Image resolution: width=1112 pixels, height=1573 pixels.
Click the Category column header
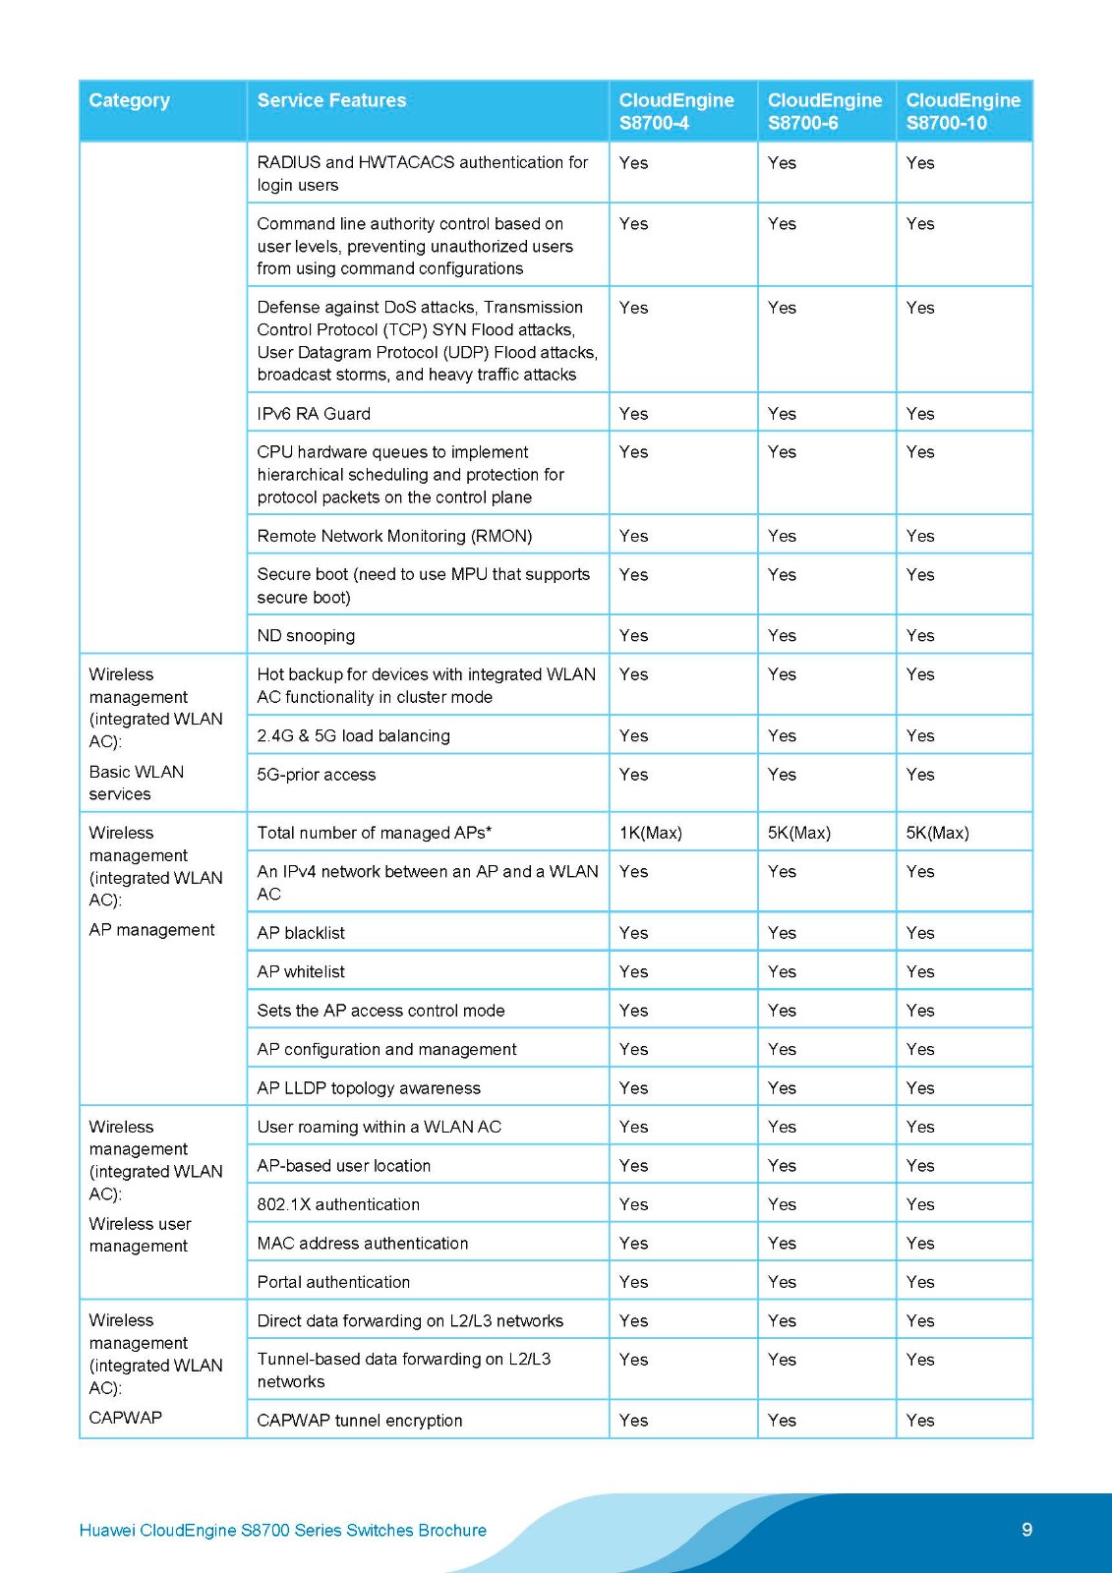click(x=129, y=100)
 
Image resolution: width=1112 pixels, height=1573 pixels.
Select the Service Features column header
click(x=331, y=100)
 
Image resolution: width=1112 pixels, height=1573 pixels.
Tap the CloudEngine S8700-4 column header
click(x=676, y=111)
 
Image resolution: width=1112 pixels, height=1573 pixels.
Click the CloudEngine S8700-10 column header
click(x=963, y=111)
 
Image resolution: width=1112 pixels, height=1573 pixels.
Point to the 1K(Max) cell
click(x=650, y=833)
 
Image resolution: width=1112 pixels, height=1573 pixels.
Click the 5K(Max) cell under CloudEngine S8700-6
click(x=798, y=833)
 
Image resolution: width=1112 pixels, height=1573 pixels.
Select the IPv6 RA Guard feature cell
click(x=314, y=414)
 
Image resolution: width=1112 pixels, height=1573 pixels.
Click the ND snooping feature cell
click(x=306, y=635)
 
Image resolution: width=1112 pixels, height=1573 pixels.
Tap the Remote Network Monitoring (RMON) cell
click(x=394, y=536)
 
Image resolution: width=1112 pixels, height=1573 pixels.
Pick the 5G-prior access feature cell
click(x=316, y=775)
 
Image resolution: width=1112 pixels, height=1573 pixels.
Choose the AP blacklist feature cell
click(x=301, y=933)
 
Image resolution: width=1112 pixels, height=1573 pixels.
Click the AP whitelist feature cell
click(x=301, y=971)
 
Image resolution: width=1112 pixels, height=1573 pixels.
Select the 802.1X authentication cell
click(x=338, y=1204)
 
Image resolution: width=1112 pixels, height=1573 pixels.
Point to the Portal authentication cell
click(x=333, y=1282)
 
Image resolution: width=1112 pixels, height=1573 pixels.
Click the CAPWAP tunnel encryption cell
click(x=359, y=1421)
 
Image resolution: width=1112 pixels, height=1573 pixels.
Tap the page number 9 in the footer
click(x=1026, y=1530)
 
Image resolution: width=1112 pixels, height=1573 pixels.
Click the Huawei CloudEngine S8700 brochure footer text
click(x=282, y=1531)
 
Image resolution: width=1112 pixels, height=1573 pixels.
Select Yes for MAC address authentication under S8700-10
click(x=920, y=1244)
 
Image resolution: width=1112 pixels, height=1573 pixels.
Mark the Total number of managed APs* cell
click(x=374, y=833)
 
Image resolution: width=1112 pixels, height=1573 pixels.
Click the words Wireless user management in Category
click(x=140, y=1235)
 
